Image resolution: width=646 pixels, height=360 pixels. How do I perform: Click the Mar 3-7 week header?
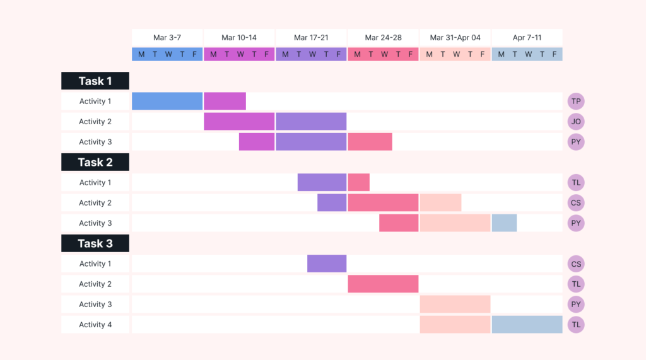167,38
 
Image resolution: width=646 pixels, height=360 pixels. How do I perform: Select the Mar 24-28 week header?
383,38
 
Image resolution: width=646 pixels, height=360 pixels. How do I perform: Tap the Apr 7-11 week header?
527,38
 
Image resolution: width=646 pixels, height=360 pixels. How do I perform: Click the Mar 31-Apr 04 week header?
455,38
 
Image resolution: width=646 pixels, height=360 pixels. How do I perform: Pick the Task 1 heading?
95,81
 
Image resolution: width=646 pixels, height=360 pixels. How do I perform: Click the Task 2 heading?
95,162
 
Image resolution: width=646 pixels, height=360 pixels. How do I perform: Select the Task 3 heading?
95,243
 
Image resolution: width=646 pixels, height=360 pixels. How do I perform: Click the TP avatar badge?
575,102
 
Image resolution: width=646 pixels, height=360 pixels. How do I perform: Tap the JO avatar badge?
575,122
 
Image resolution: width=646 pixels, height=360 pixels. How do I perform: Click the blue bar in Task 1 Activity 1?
167,102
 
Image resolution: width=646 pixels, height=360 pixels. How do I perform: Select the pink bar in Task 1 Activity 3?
370,142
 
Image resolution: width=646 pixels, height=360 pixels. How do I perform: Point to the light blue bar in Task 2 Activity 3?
504,223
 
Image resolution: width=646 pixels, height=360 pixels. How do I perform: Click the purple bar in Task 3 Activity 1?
327,264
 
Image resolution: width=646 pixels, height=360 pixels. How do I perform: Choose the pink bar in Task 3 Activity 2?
383,284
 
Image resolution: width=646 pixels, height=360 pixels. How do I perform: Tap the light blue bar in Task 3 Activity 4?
527,325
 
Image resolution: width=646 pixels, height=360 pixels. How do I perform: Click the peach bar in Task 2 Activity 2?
440,203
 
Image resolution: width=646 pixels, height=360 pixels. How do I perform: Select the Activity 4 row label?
95,325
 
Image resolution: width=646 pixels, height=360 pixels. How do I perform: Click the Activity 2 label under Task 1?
95,122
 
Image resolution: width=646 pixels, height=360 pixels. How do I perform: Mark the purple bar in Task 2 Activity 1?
322,183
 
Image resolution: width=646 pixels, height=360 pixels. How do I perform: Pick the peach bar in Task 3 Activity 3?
455,305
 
